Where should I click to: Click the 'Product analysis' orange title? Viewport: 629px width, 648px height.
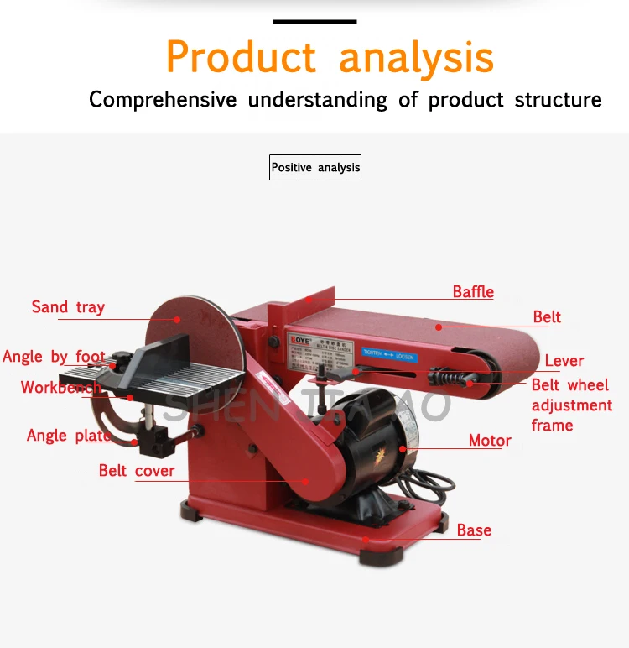click(330, 57)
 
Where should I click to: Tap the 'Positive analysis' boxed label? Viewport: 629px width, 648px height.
click(315, 168)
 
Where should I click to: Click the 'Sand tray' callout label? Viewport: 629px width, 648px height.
click(68, 307)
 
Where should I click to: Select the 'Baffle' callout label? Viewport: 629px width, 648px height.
click(473, 292)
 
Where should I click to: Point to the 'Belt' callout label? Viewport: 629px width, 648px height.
click(547, 317)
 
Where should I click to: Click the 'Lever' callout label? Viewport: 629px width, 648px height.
click(564, 361)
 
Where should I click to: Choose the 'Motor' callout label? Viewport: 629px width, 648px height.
click(490, 441)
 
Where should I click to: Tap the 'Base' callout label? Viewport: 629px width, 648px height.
click(474, 530)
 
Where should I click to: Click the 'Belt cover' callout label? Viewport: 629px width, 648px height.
click(137, 471)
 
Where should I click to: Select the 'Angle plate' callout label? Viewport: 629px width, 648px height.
click(68, 436)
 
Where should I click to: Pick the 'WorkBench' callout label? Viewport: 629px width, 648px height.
click(61, 388)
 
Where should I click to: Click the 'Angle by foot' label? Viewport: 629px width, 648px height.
click(54, 357)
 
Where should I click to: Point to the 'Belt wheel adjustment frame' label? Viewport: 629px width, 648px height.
click(571, 405)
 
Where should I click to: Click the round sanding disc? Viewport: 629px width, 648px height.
click(193, 336)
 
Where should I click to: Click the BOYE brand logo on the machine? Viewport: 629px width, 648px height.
click(299, 342)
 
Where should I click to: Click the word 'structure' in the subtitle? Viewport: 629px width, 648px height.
click(558, 100)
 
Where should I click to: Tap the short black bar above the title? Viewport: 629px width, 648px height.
click(314, 20)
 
